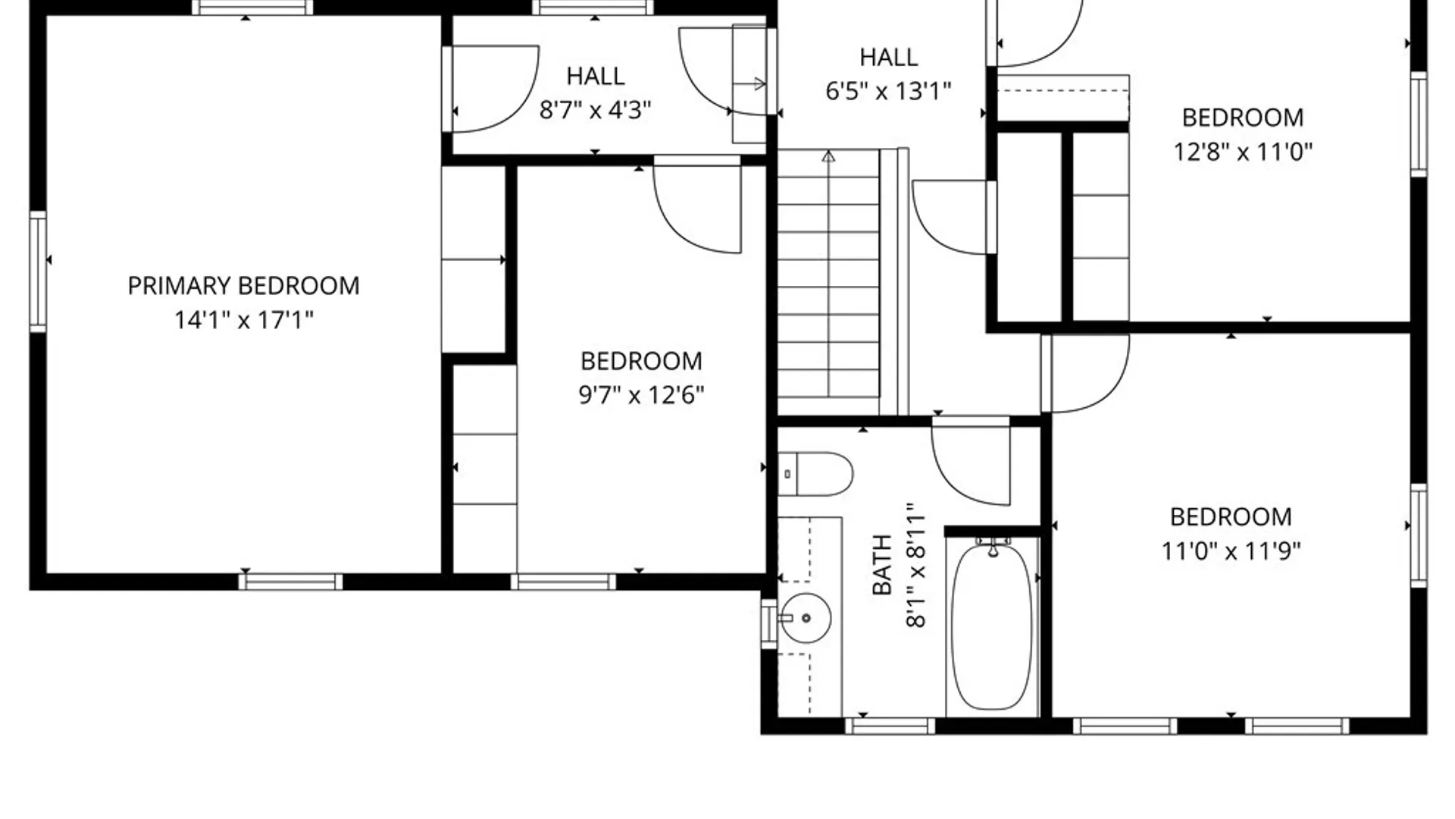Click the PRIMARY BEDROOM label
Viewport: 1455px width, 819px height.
pyautogui.click(x=243, y=286)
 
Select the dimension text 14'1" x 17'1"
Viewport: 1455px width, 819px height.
pyautogui.click(x=243, y=320)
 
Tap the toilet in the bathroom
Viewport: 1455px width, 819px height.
pyautogui.click(x=815, y=474)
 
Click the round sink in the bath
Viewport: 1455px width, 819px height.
pyautogui.click(x=806, y=618)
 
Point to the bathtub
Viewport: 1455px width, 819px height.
pyautogui.click(x=992, y=626)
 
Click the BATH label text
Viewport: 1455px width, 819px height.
pyautogui.click(x=882, y=565)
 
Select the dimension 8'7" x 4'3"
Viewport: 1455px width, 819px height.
pyautogui.click(x=595, y=111)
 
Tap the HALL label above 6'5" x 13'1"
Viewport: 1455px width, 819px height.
pyautogui.click(x=888, y=58)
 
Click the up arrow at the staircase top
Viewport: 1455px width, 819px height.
pyautogui.click(x=828, y=157)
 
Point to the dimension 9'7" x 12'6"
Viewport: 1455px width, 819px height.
pyautogui.click(x=641, y=395)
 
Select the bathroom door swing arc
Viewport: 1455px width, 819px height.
pyautogui.click(x=972, y=466)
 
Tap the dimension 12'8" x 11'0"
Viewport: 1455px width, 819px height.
pyautogui.click(x=1242, y=152)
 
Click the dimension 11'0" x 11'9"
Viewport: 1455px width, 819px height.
pyautogui.click(x=1230, y=551)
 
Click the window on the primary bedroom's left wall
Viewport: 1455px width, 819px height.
pyautogui.click(x=38, y=271)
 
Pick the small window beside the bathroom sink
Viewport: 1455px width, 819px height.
pyautogui.click(x=768, y=623)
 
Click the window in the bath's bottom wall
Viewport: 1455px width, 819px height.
pyautogui.click(x=890, y=726)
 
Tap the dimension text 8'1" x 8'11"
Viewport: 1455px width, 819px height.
pyautogui.click(x=916, y=565)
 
